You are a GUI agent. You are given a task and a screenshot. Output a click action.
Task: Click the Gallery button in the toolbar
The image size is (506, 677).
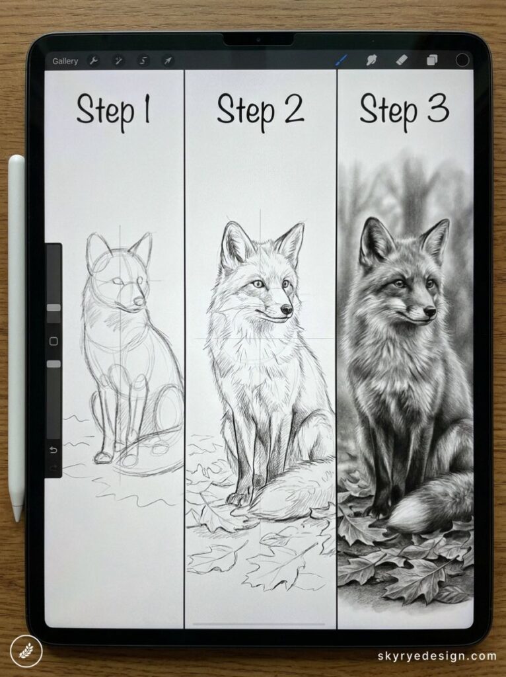pyautogui.click(x=65, y=61)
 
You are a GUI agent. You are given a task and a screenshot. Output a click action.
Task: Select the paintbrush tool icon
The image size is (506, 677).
pyautogui.click(x=342, y=60)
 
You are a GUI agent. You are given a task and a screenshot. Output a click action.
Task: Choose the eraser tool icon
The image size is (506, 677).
pyautogui.click(x=402, y=60)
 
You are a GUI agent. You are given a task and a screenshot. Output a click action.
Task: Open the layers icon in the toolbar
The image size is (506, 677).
pyautogui.click(x=432, y=60)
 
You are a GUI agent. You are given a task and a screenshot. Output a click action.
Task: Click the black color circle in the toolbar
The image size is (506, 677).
pyautogui.click(x=463, y=60)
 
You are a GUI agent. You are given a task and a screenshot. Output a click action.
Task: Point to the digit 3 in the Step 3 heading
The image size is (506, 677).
pyautogui.click(x=437, y=109)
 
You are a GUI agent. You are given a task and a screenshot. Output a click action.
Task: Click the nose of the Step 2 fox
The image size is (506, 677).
pyautogui.click(x=287, y=309)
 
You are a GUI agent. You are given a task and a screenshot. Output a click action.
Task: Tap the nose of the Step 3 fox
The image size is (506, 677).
pyautogui.click(x=430, y=310)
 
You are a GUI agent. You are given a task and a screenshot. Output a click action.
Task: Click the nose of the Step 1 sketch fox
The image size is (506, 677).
pyautogui.click(x=139, y=302)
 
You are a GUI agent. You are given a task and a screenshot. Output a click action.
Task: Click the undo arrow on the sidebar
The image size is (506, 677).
pyautogui.click(x=54, y=450)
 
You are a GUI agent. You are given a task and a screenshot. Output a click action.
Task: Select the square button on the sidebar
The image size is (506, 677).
pyautogui.click(x=54, y=341)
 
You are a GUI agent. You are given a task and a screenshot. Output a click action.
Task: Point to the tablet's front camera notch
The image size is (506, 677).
pyautogui.click(x=258, y=40)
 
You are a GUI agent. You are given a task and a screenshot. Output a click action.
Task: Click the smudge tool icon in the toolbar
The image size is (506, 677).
pyautogui.click(x=372, y=60)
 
